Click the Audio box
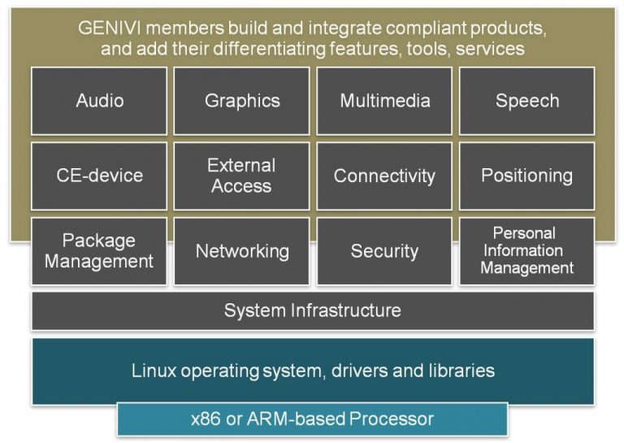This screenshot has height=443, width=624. point(99,101)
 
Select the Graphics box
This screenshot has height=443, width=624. point(242,101)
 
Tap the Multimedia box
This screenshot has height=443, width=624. point(384,101)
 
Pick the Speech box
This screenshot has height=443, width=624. point(526,101)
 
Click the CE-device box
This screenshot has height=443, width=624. point(99,176)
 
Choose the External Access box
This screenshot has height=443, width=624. point(242,176)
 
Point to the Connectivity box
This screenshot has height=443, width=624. point(384,176)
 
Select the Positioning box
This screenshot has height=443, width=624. point(526,176)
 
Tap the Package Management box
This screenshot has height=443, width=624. point(99,251)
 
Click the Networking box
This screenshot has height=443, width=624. point(242,251)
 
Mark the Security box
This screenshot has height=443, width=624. point(384,251)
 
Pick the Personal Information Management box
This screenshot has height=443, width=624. point(526,251)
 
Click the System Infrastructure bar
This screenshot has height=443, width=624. point(313,311)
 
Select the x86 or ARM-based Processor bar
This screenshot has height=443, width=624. point(313,419)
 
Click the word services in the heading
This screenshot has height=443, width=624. point(490,49)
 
